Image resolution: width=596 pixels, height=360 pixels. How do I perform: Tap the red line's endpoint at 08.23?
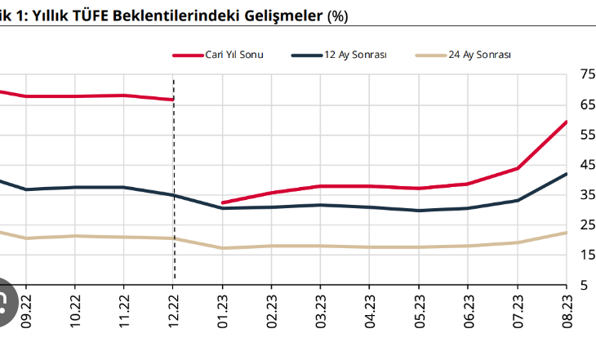tap(567, 122)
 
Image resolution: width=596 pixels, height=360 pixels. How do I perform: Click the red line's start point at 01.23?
tap(223, 202)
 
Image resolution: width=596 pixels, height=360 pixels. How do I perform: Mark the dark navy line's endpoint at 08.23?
tap(567, 173)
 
